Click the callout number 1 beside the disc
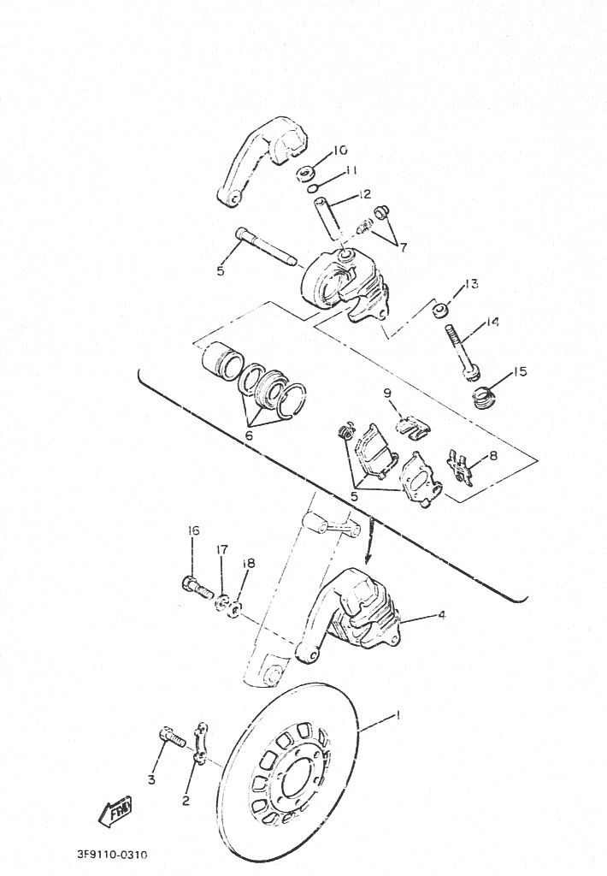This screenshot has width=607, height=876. (x=398, y=714)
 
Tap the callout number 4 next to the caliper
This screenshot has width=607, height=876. (x=442, y=615)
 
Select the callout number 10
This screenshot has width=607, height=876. (x=340, y=151)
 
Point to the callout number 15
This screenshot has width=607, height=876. (x=520, y=371)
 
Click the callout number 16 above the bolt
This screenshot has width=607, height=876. (x=193, y=530)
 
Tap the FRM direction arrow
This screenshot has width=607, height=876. (x=115, y=810)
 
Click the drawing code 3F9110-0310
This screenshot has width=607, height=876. (x=112, y=855)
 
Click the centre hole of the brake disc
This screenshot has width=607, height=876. (x=296, y=782)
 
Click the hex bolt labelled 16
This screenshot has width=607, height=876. (x=196, y=586)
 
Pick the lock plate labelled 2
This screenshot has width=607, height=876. (x=200, y=744)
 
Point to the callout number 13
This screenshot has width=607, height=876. (x=471, y=284)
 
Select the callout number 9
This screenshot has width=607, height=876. (x=387, y=394)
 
